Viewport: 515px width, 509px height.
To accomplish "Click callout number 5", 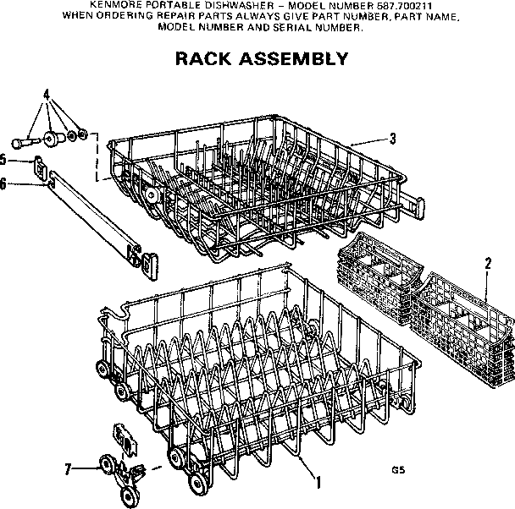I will click(4, 158).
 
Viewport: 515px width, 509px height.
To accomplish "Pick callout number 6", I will click(4, 182).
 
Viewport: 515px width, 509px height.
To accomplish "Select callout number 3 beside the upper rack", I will click(392, 140).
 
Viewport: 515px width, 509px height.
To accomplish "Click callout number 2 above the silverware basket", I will click(487, 262).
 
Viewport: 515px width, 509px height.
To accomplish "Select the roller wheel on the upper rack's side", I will click(152, 194).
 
